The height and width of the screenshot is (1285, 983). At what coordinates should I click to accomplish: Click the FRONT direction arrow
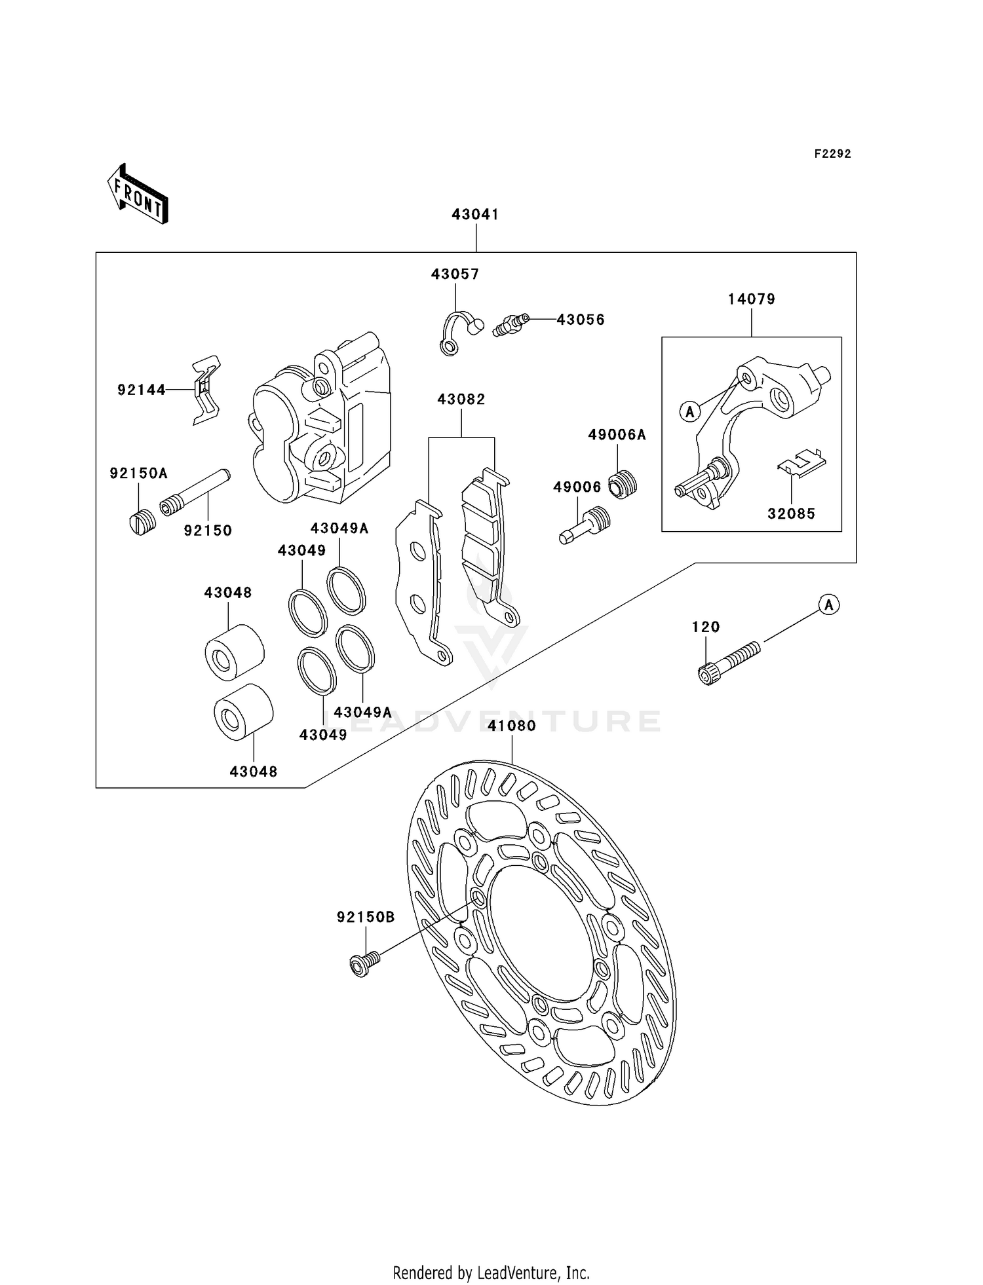pyautogui.click(x=138, y=194)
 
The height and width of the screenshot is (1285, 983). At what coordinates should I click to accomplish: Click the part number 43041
pyautogui.click(x=475, y=215)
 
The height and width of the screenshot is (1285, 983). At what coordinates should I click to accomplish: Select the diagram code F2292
pyautogui.click(x=832, y=154)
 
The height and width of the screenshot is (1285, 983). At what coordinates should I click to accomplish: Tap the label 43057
pyautogui.click(x=455, y=274)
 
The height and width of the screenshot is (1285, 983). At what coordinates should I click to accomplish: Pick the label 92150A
pyautogui.click(x=138, y=474)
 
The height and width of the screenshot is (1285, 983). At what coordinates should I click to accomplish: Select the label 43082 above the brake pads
pyautogui.click(x=461, y=400)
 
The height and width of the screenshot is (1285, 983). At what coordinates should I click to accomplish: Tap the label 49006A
pyautogui.click(x=617, y=435)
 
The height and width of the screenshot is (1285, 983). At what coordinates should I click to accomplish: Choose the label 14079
pyautogui.click(x=751, y=299)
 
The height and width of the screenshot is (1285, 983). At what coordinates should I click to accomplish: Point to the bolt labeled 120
pyautogui.click(x=729, y=663)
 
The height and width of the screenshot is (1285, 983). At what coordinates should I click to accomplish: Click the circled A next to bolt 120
pyautogui.click(x=829, y=605)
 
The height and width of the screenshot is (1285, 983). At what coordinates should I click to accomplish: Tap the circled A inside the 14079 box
pyautogui.click(x=689, y=412)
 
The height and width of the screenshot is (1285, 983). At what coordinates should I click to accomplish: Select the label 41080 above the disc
pyautogui.click(x=512, y=726)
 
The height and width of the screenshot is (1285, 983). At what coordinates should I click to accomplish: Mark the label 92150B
pyautogui.click(x=366, y=918)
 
